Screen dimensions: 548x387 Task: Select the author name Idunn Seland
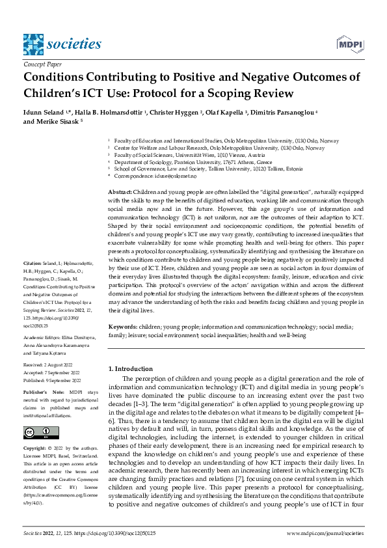pyautogui.click(x=46, y=113)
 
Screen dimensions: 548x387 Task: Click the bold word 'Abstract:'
pyautogui.click(x=120, y=192)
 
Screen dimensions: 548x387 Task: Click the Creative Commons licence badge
pyautogui.click(x=41, y=433)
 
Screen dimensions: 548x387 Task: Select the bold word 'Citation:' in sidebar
pyautogui.click(x=34, y=281)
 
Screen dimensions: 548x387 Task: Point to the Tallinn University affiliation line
pyautogui.click(x=202, y=168)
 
